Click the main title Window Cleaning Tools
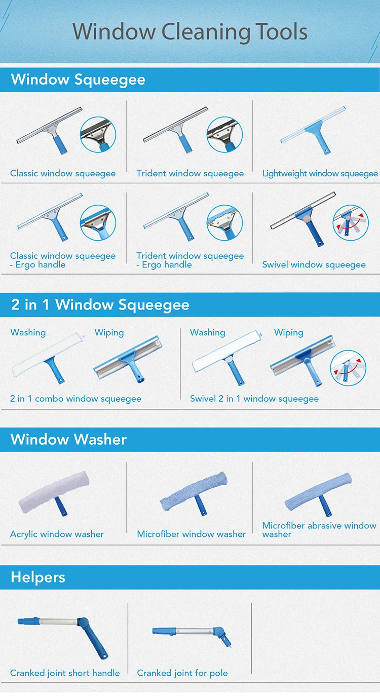(190, 32)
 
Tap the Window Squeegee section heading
(78, 80)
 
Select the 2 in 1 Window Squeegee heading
(100, 304)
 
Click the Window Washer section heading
(68, 439)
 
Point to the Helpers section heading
(38, 577)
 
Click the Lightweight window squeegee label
(320, 173)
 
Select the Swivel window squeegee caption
(314, 264)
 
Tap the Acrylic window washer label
(57, 534)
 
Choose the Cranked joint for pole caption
(182, 673)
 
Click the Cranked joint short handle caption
(65, 673)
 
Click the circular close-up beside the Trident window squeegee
(224, 134)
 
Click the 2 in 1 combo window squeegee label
(75, 399)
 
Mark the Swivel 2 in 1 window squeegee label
(254, 399)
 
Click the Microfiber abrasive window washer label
(319, 529)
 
